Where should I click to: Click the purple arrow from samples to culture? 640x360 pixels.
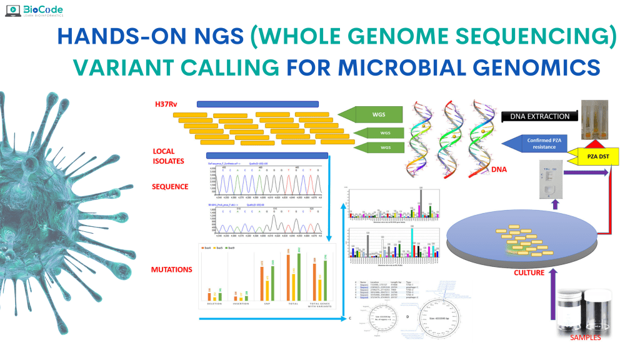[x=549, y=300]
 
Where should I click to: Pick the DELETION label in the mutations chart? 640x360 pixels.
[x=216, y=304]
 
